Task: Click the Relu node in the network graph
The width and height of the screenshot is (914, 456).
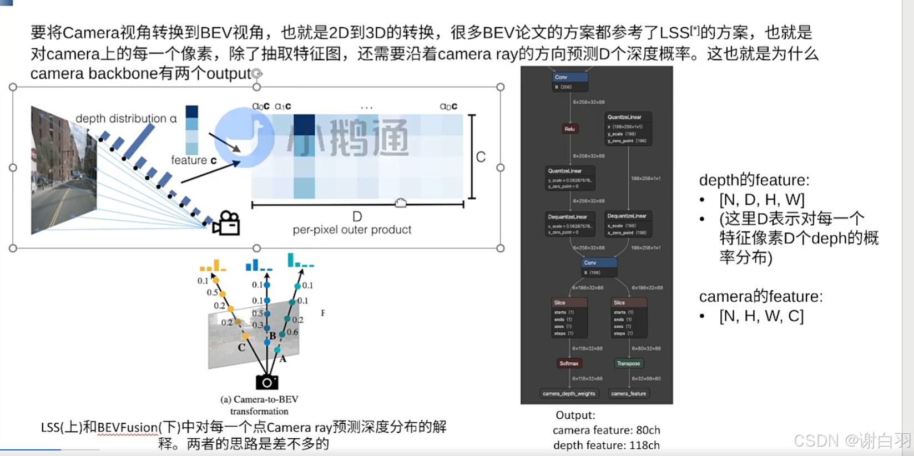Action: coord(569,129)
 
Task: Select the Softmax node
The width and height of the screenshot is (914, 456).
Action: coord(569,363)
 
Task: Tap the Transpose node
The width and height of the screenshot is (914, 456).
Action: coord(628,363)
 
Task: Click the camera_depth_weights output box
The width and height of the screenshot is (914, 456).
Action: coord(569,393)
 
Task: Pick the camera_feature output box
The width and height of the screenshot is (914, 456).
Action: coord(628,393)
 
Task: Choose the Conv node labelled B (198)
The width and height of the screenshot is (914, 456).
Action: coord(599,267)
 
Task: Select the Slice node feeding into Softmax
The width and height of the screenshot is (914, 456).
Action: coord(569,318)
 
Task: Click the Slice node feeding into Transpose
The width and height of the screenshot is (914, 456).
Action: coord(629,318)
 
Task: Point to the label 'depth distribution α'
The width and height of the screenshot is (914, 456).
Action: coord(126,118)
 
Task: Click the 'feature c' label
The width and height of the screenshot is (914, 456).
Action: coord(194,160)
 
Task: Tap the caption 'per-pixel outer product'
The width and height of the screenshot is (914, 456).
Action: coord(352,230)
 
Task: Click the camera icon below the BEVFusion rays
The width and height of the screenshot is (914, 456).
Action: coord(267,382)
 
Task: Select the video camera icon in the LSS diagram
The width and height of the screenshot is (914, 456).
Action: coord(226,224)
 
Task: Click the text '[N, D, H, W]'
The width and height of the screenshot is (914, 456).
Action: coord(761,199)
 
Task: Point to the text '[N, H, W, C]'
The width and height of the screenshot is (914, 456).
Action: coord(761,316)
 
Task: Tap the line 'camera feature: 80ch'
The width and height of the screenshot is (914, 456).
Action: coord(606,430)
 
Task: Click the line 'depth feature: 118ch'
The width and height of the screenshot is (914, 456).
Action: coord(606,445)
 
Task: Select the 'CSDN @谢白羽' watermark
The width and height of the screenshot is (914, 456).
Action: coord(852,440)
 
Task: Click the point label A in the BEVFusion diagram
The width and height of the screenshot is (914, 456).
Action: coord(283,359)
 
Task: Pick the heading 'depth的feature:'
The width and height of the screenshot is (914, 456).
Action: coord(754,180)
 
